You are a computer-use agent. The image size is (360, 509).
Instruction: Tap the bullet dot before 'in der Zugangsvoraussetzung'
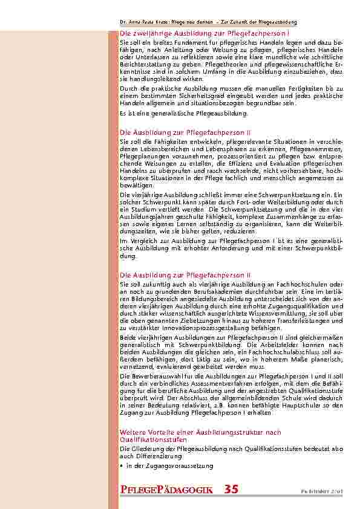pos(122,466)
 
